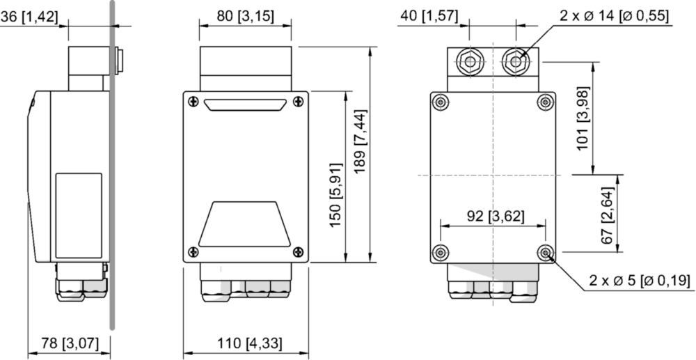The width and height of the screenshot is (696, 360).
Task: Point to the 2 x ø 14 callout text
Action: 614,16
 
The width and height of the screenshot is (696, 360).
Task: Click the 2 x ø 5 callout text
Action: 639,281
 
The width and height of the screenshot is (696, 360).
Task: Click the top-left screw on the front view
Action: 193,101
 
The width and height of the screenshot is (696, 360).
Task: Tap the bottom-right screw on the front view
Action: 299,252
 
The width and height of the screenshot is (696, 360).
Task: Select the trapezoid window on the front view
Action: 244,224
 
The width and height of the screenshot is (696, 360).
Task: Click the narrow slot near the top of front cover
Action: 244,104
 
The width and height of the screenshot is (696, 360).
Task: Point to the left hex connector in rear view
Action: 470,62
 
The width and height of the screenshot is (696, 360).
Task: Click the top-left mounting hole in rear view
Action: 440,102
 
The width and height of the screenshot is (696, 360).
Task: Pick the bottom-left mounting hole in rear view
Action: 440,253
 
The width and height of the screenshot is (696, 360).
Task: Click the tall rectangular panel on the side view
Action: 79,216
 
